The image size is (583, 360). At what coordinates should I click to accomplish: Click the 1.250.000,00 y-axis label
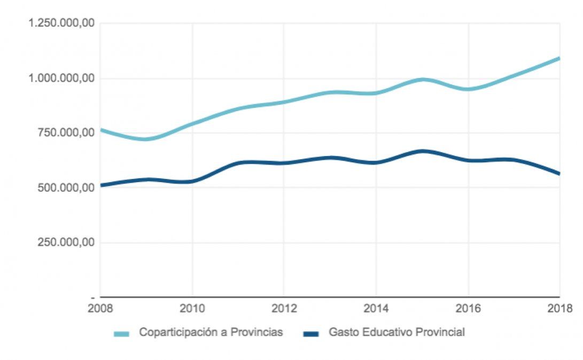point(62,24)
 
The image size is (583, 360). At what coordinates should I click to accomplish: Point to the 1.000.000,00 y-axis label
point(62,79)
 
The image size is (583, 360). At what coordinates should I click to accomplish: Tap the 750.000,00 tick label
point(67,133)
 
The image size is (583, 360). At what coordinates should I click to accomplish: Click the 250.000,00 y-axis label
point(67,242)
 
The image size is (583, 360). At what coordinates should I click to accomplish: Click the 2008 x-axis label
point(100,308)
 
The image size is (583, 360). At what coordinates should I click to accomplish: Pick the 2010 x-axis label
point(192,308)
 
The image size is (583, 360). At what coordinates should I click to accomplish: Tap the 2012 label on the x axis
point(284,308)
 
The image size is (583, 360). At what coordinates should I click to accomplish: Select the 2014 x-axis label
point(376,308)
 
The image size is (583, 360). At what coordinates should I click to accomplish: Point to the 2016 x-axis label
point(468,308)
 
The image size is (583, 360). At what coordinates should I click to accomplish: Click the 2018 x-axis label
point(559,308)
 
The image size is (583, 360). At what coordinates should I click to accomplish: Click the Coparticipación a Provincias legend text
point(211,332)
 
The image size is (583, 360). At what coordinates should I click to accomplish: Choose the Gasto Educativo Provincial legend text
point(397,332)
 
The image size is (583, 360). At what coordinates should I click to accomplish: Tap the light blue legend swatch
point(122,334)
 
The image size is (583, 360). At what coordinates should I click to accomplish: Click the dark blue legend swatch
point(311,334)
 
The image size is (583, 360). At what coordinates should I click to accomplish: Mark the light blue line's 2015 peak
point(423,80)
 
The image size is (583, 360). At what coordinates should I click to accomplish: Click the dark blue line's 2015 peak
point(423,151)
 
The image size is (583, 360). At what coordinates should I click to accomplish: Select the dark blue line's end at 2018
point(559,174)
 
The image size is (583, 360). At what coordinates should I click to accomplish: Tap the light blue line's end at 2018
point(559,58)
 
